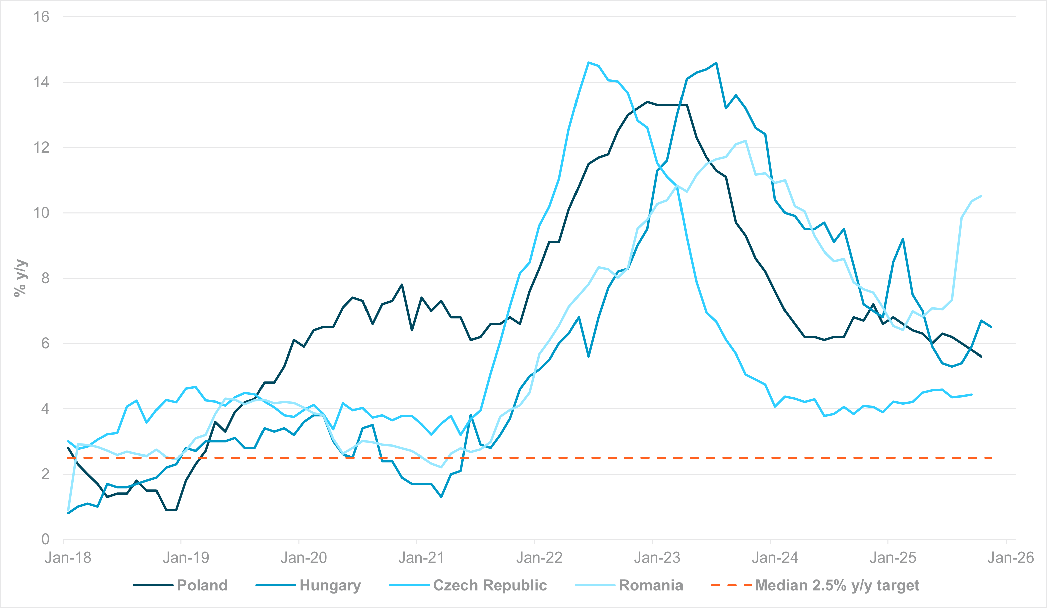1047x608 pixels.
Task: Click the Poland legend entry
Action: pyautogui.click(x=202, y=585)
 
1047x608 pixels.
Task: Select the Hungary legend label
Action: pyautogui.click(x=330, y=585)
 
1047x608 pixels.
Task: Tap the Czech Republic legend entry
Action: pyautogui.click(x=490, y=585)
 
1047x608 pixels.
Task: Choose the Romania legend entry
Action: pyautogui.click(x=651, y=585)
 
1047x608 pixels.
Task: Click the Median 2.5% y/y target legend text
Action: pyautogui.click(x=837, y=585)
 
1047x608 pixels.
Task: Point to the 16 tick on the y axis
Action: pyautogui.click(x=41, y=17)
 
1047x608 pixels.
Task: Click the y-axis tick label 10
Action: pyautogui.click(x=41, y=213)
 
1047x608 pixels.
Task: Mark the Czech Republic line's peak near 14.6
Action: pyautogui.click(x=588, y=62)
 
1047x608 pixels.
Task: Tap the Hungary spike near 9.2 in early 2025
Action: pyautogui.click(x=903, y=239)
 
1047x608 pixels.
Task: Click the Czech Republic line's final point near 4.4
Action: pyautogui.click(x=971, y=394)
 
